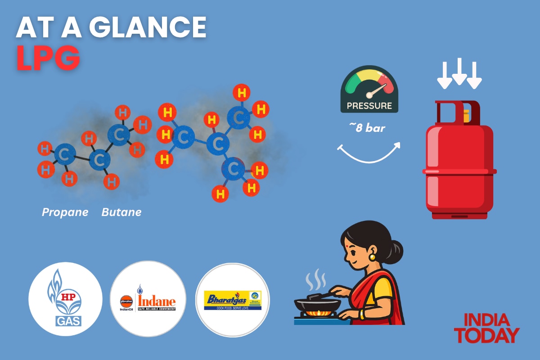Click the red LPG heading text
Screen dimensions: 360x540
pos(48,58)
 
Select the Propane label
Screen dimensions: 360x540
pos(65,212)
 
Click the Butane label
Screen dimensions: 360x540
pos(121,212)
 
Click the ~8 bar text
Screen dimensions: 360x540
pos(367,128)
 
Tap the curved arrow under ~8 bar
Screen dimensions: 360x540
pos(368,153)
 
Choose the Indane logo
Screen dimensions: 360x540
pos(148,299)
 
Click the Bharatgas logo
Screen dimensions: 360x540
pos(233,300)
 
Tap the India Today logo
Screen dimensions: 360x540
pos(486,328)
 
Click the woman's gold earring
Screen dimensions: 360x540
pos(372,257)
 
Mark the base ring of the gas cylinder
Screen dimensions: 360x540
pos(459,215)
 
